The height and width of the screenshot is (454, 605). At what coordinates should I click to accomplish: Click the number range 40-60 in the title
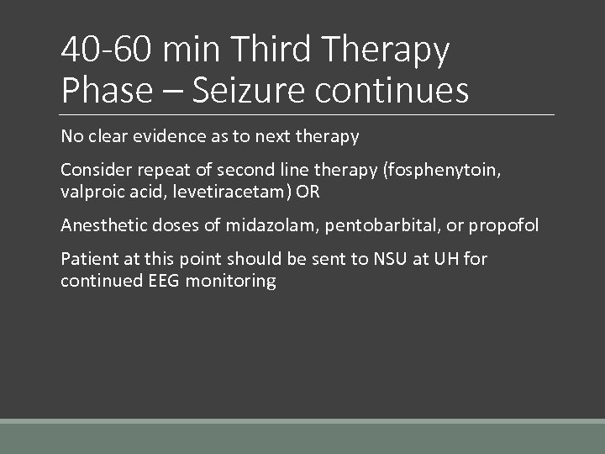click(107, 50)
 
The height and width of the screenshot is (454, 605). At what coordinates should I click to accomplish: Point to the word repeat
click(157, 169)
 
